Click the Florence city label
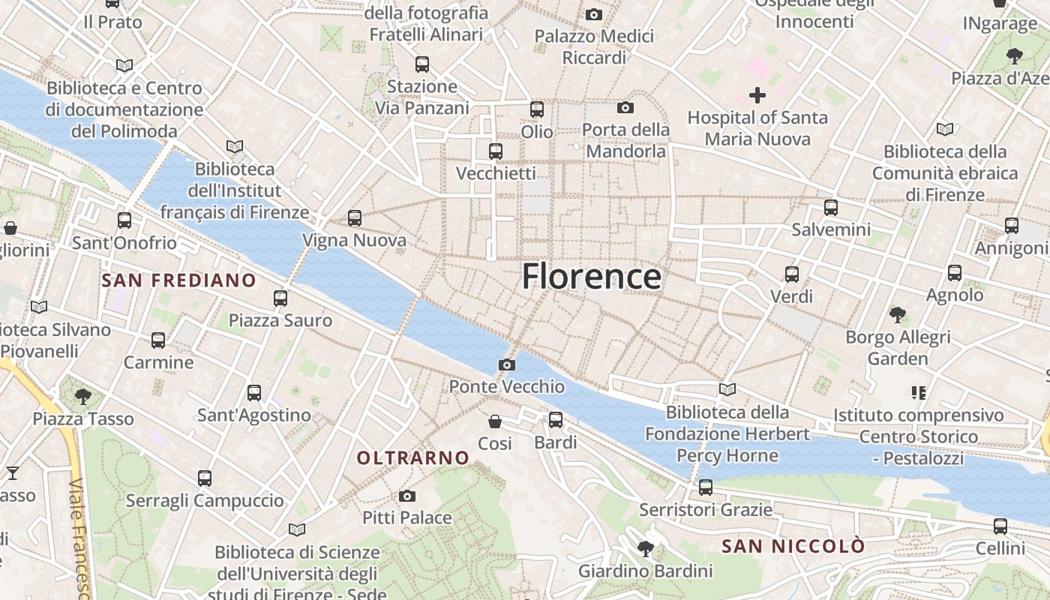pyautogui.click(x=592, y=276)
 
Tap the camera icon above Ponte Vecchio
pyautogui.click(x=507, y=365)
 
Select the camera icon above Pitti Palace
pyautogui.click(x=407, y=496)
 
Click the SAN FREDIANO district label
pyautogui.click(x=178, y=280)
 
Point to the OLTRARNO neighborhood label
pyautogui.click(x=413, y=457)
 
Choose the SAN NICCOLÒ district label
pyautogui.click(x=793, y=546)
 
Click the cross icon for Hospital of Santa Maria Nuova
pyautogui.click(x=757, y=95)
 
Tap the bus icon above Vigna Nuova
pyautogui.click(x=355, y=218)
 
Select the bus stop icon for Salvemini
pyautogui.click(x=831, y=208)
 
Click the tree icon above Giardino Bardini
pyautogui.click(x=645, y=549)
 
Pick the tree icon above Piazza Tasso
pyautogui.click(x=83, y=396)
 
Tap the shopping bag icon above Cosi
pyautogui.click(x=495, y=421)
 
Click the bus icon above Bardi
pyautogui.click(x=555, y=420)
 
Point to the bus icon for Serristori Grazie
pyautogui.click(x=706, y=487)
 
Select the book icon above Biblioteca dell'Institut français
pyautogui.click(x=235, y=146)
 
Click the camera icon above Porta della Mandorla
pyautogui.click(x=625, y=108)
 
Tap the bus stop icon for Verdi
pyautogui.click(x=792, y=274)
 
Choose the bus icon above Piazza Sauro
pyautogui.click(x=280, y=298)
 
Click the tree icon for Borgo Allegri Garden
pyautogui.click(x=898, y=314)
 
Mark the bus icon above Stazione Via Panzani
pyautogui.click(x=422, y=64)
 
